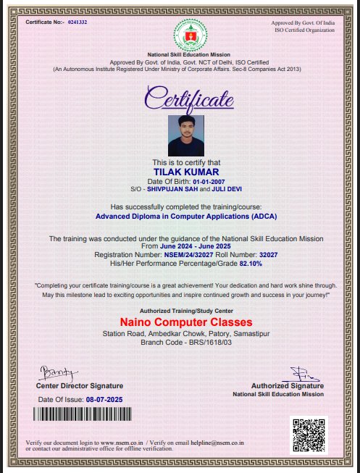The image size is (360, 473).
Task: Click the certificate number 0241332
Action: [x=77, y=22]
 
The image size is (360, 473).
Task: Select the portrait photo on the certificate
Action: [x=180, y=133]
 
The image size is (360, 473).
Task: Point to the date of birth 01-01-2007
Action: [x=196, y=180]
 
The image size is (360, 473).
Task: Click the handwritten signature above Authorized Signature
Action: [x=297, y=374]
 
